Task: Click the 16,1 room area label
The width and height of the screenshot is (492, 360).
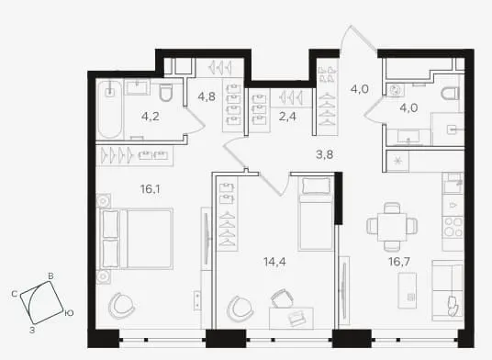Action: click(x=151, y=189)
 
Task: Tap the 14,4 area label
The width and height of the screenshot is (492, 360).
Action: click(x=274, y=261)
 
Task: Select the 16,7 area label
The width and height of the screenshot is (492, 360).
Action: click(x=399, y=261)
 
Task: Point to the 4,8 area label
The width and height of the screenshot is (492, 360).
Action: click(x=207, y=96)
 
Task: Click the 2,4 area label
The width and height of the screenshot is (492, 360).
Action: click(x=287, y=117)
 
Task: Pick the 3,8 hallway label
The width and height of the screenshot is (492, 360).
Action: click(x=324, y=154)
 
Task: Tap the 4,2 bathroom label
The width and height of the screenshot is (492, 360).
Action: click(x=151, y=117)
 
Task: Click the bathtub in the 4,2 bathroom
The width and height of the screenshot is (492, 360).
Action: click(x=109, y=109)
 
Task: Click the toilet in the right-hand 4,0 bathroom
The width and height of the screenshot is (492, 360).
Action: click(x=451, y=94)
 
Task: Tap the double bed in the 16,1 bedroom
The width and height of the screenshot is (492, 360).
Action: click(x=137, y=239)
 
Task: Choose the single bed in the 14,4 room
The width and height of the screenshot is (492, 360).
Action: click(x=316, y=213)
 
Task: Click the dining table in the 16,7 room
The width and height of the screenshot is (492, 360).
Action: click(x=392, y=227)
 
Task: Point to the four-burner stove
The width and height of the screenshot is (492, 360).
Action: click(x=453, y=227)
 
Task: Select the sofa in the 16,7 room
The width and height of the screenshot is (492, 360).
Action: click(x=448, y=290)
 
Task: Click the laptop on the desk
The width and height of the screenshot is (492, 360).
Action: click(x=296, y=318)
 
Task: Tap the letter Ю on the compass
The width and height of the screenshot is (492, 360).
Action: click(x=69, y=313)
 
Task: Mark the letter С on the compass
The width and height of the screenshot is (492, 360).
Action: click(x=14, y=294)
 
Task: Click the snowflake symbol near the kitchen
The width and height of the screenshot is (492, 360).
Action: click(x=397, y=161)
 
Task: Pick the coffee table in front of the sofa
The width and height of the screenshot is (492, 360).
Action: click(x=408, y=290)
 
